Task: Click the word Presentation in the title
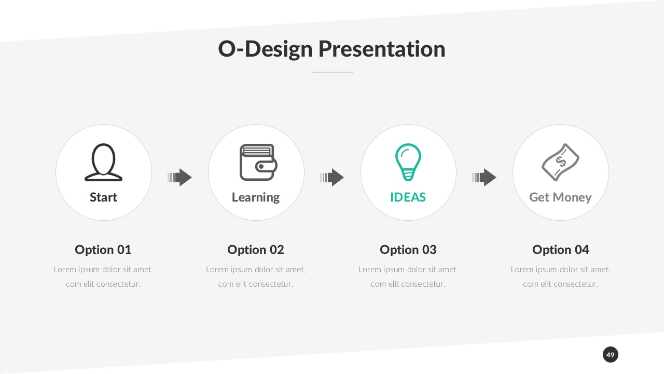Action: pos(381,49)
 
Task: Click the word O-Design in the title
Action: pos(265,49)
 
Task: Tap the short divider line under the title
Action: pos(332,72)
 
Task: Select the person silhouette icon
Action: pos(103,162)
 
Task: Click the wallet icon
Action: pos(258,162)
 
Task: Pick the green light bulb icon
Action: pos(408,162)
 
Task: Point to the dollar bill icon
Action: pos(560,162)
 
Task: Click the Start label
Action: pos(103,197)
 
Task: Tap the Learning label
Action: pos(256,197)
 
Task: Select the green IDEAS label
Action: pos(408,197)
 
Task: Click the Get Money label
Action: pos(560,197)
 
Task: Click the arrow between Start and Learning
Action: pos(180,178)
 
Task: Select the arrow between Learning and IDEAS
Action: pos(332,178)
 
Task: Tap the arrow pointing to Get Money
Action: pos(484,178)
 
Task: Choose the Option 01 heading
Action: pos(103,250)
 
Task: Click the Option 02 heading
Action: pos(256,250)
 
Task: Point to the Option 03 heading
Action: pos(408,250)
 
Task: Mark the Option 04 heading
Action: pos(560,250)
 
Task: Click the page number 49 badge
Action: pos(610,355)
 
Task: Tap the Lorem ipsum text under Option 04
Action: pos(560,276)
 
